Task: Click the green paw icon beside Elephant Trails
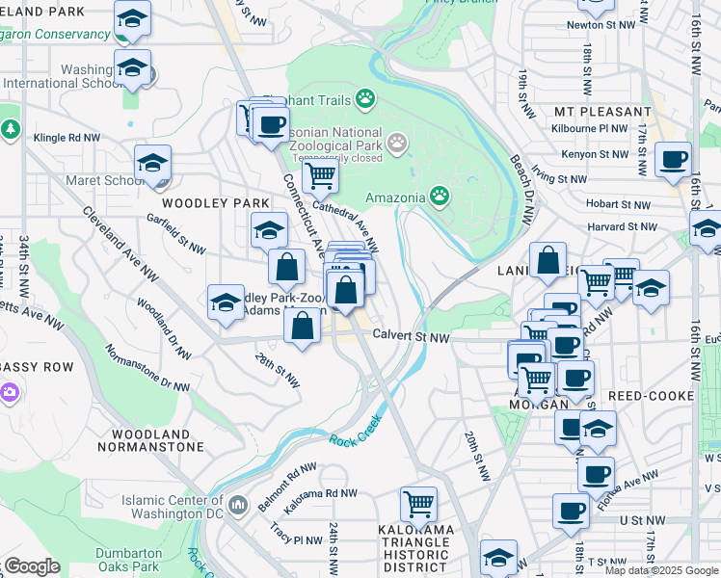click(365, 98)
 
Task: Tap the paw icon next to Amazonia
click(440, 197)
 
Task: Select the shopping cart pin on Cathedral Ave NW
click(320, 176)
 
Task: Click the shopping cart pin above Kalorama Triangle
click(418, 503)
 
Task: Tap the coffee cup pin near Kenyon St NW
click(673, 159)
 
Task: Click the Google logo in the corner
click(32, 566)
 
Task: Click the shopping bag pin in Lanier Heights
click(547, 260)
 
